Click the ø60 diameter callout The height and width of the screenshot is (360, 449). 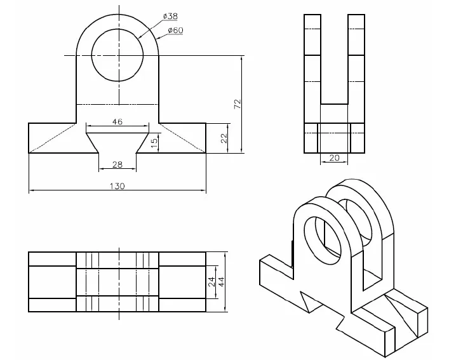175,30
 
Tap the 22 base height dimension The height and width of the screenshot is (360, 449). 224,138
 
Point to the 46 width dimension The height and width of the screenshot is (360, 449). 117,121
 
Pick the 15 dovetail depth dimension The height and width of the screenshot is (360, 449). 154,143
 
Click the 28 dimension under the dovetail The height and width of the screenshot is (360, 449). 117,165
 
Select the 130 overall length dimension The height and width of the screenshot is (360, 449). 117,186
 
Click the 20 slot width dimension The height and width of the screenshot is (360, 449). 334,158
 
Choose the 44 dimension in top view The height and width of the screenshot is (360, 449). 222,282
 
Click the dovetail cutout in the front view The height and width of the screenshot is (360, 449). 117,143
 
